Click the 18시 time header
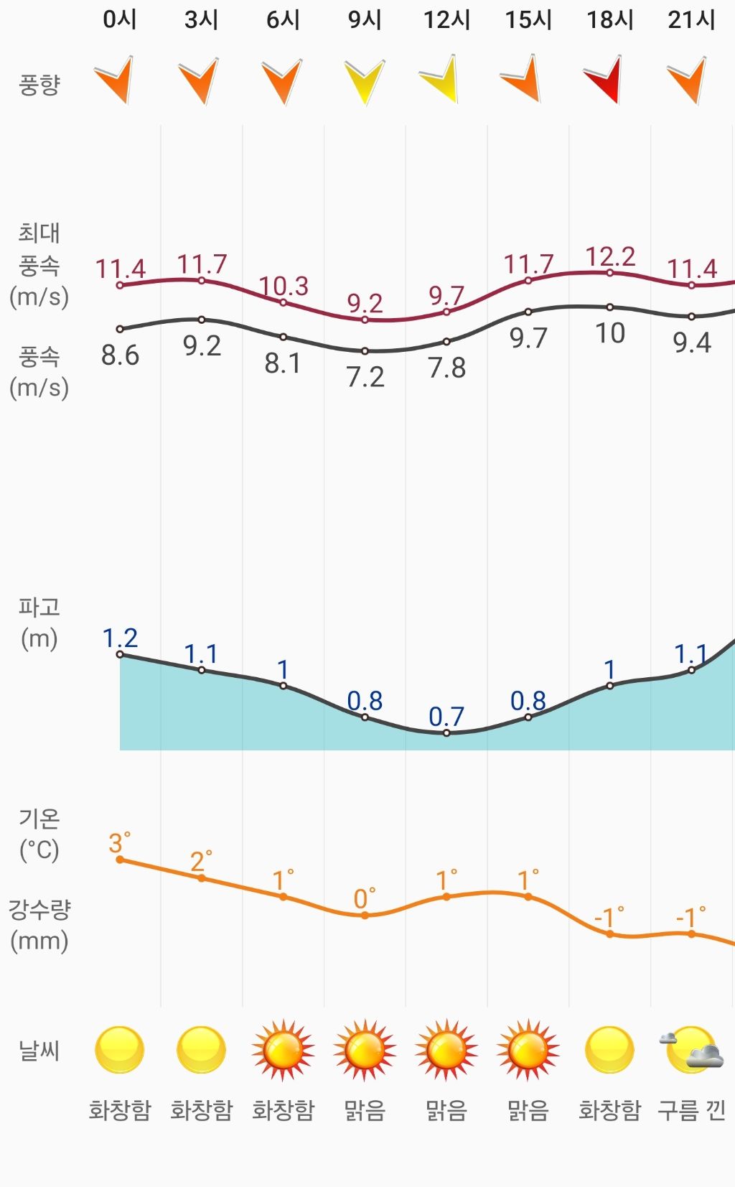(x=610, y=19)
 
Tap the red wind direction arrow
(x=604, y=79)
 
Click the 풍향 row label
(x=39, y=85)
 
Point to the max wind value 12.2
(x=610, y=256)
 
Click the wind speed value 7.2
(x=365, y=377)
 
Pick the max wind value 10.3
(x=284, y=287)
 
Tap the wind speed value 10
(x=610, y=333)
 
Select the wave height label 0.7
(x=446, y=716)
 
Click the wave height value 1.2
(x=120, y=638)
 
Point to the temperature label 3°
(x=119, y=842)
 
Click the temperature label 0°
(x=364, y=898)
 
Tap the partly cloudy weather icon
(x=690, y=1050)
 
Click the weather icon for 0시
(x=120, y=1050)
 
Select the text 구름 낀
(x=691, y=1110)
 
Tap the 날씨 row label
(x=39, y=1051)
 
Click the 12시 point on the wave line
(x=446, y=733)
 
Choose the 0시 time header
(x=120, y=19)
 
